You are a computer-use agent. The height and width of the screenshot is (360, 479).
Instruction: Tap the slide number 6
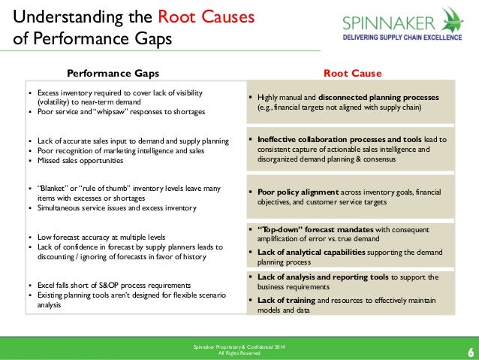pos(470,351)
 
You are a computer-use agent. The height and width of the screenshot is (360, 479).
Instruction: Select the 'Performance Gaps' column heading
pos(113,73)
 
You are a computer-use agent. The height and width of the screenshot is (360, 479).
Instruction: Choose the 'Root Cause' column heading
pos(352,73)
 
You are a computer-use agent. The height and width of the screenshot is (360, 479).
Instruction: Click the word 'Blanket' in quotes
pos(51,189)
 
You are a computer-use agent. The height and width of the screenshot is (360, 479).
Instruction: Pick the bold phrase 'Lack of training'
pos(290,301)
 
